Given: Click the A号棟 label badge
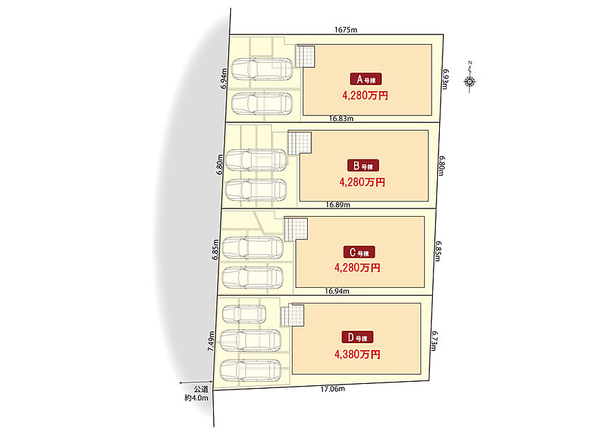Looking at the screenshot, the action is tap(366, 79).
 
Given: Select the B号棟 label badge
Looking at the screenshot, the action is tap(363, 166).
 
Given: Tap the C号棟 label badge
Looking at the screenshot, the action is tap(359, 253).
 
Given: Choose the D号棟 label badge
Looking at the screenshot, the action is tap(358, 338).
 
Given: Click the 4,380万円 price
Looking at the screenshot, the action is tap(358, 354).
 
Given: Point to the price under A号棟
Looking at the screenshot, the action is tap(365, 95).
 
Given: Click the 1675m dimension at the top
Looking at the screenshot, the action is tap(346, 30).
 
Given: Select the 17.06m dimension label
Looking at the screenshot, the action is tap(333, 389).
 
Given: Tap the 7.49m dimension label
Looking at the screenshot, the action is tap(211, 341).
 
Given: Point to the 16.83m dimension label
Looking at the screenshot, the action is tap(341, 119).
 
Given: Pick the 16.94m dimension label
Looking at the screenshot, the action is tap(337, 291).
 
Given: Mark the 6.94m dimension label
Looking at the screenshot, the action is tap(223, 79).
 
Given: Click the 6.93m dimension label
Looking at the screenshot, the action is tap(446, 79).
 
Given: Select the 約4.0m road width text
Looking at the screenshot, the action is tap(196, 398).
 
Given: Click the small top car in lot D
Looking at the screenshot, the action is tap(244, 313).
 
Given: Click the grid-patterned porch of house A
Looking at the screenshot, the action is tap(305, 57).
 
